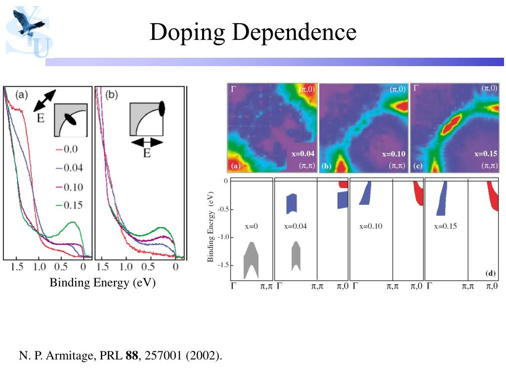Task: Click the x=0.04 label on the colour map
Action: click(303, 154)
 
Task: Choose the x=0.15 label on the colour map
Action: click(486, 154)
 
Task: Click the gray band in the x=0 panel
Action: click(251, 259)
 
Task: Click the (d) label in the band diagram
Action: click(491, 273)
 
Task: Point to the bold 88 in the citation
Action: click(131, 355)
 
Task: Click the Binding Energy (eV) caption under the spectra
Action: click(102, 283)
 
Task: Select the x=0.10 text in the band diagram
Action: click(371, 227)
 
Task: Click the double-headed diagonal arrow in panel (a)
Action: click(45, 103)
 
